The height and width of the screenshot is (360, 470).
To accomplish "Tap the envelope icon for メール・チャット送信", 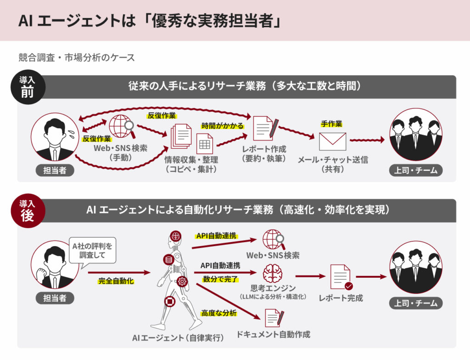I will click(333, 141).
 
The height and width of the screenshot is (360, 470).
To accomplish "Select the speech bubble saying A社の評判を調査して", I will click(92, 250).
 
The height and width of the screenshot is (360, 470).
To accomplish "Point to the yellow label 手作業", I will click(331, 124).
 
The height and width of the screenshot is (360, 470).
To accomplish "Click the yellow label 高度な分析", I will click(219, 313).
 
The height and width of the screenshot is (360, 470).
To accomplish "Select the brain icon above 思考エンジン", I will click(273, 274).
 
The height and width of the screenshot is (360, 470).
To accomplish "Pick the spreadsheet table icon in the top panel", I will click(205, 144).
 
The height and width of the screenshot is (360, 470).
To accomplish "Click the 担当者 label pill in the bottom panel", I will click(55, 298).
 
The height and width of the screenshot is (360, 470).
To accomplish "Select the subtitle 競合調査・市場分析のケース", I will click(77, 58).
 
